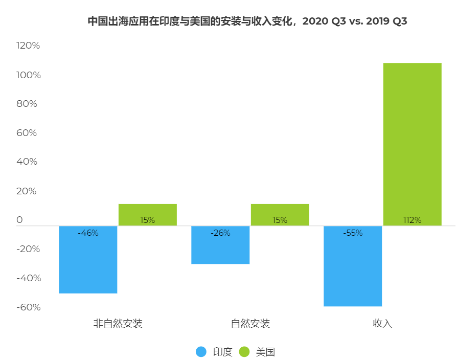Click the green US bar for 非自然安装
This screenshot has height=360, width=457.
[x=147, y=214]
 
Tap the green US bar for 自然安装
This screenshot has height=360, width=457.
[x=280, y=214]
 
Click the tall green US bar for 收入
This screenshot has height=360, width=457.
[x=412, y=144]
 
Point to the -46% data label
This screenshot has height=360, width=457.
[x=88, y=233]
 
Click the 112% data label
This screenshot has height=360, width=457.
[x=412, y=220]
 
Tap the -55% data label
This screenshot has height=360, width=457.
[x=353, y=233]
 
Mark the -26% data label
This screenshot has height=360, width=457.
[x=220, y=233]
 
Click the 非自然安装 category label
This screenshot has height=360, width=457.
[x=118, y=324]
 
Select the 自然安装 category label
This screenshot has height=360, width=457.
[x=250, y=324]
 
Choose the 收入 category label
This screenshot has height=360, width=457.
[x=382, y=324]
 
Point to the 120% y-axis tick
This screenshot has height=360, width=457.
[x=28, y=46]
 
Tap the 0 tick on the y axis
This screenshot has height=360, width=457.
[x=20, y=220]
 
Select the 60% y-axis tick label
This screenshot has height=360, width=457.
[x=28, y=133]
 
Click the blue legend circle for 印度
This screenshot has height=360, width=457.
[x=201, y=352]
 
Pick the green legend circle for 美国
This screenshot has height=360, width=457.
[x=244, y=352]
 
